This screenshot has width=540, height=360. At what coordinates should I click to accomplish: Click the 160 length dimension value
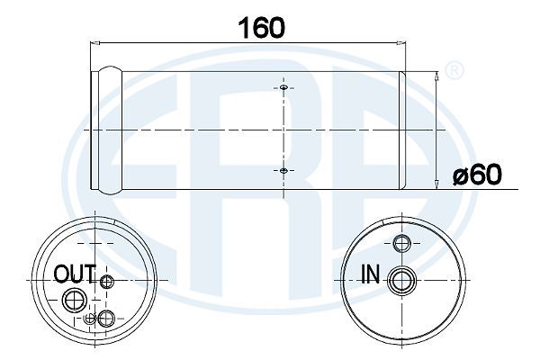coord(262,28)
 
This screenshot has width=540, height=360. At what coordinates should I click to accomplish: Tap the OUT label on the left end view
coord(75,274)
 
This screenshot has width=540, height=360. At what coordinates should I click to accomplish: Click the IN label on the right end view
coord(371,274)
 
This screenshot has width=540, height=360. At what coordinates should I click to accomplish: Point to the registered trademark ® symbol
coord(454,70)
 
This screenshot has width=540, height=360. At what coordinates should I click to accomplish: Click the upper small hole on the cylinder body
coord(283,87)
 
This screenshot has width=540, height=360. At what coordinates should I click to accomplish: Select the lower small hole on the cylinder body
coord(283,170)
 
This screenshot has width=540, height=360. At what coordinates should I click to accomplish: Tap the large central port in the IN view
coord(402,281)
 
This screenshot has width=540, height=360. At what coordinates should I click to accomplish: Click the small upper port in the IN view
coord(402,244)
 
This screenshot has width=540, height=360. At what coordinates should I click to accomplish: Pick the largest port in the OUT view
coord(75,301)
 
